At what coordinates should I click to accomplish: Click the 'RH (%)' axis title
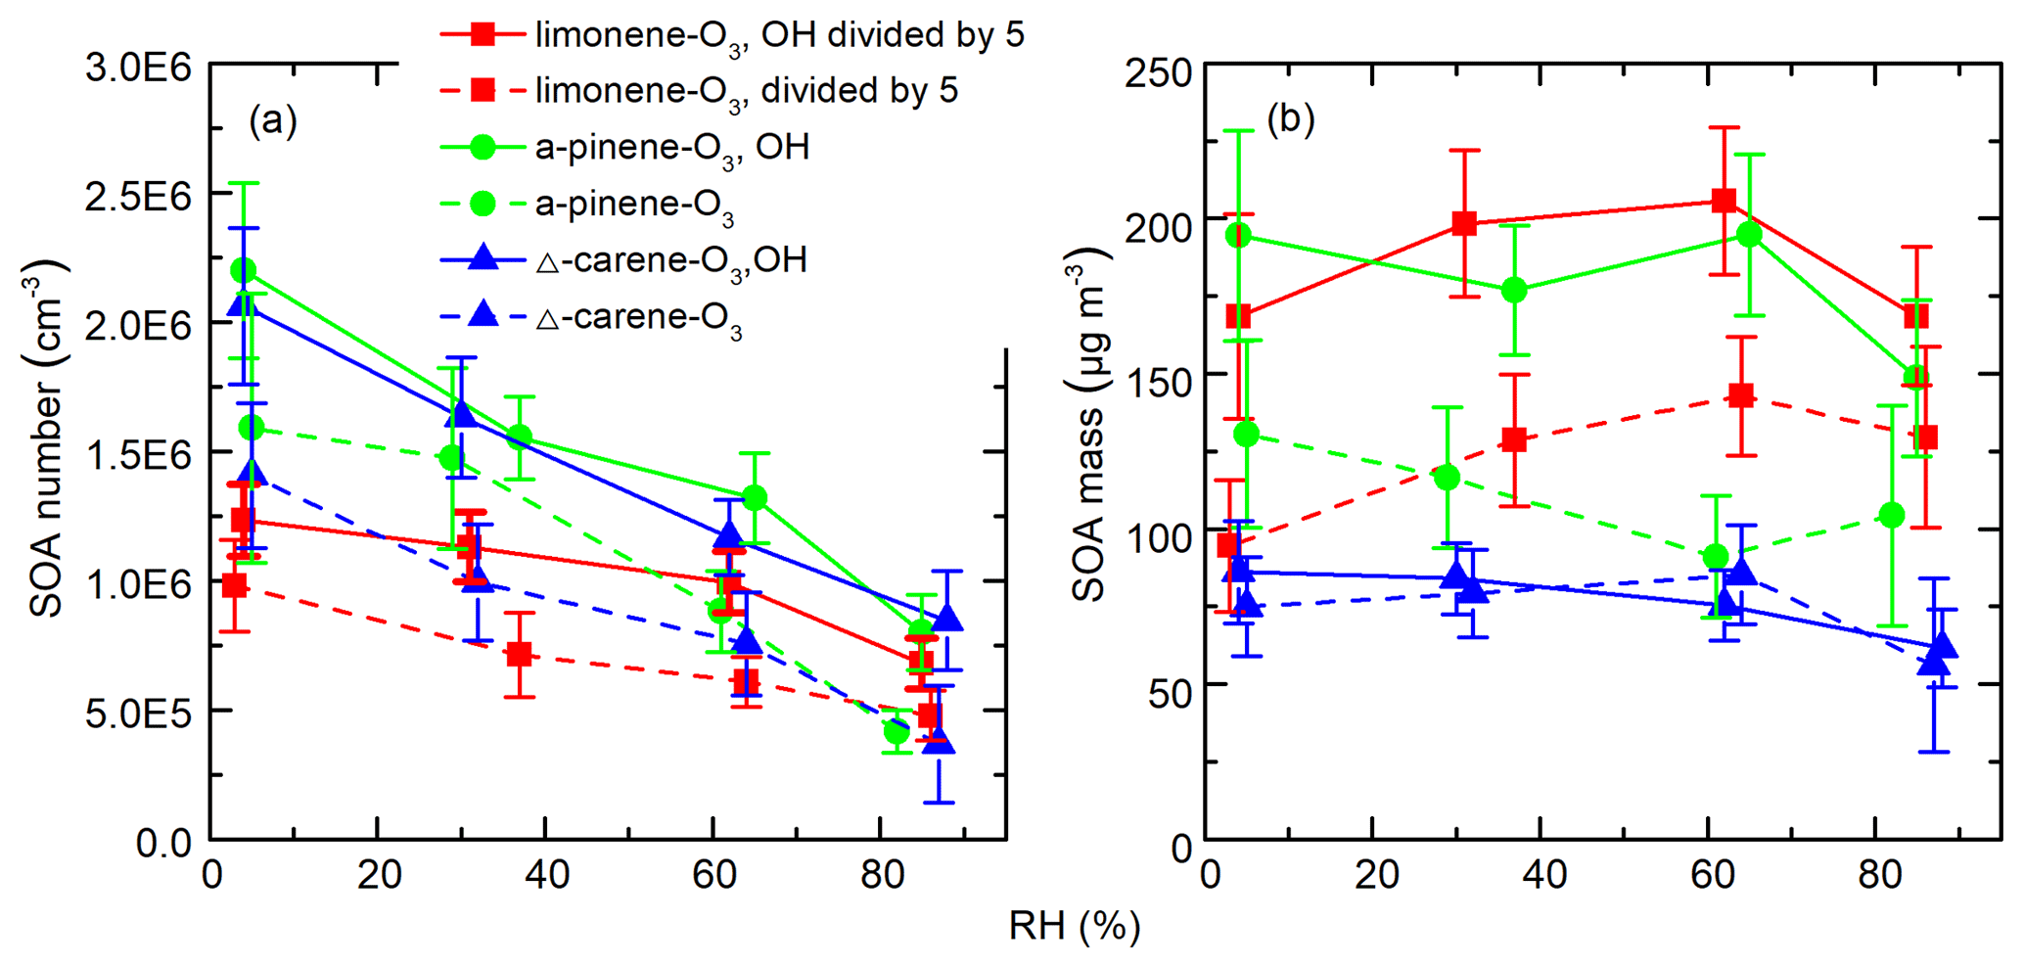pos(1074,926)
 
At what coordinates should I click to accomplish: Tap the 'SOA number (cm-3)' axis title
pos(46,439)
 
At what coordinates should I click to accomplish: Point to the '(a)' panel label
pos(272,121)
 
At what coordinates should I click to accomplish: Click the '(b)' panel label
pos(1290,119)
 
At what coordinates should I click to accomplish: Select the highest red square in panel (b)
pos(1724,201)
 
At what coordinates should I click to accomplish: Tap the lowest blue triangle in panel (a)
pos(939,741)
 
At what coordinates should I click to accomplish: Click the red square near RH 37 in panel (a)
pos(520,654)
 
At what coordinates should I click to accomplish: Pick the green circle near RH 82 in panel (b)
pos(1893,515)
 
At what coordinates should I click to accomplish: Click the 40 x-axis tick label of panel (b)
pos(1544,875)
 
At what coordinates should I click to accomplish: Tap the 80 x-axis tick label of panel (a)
pos(882,875)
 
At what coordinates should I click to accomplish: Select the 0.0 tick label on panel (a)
pos(163,842)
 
